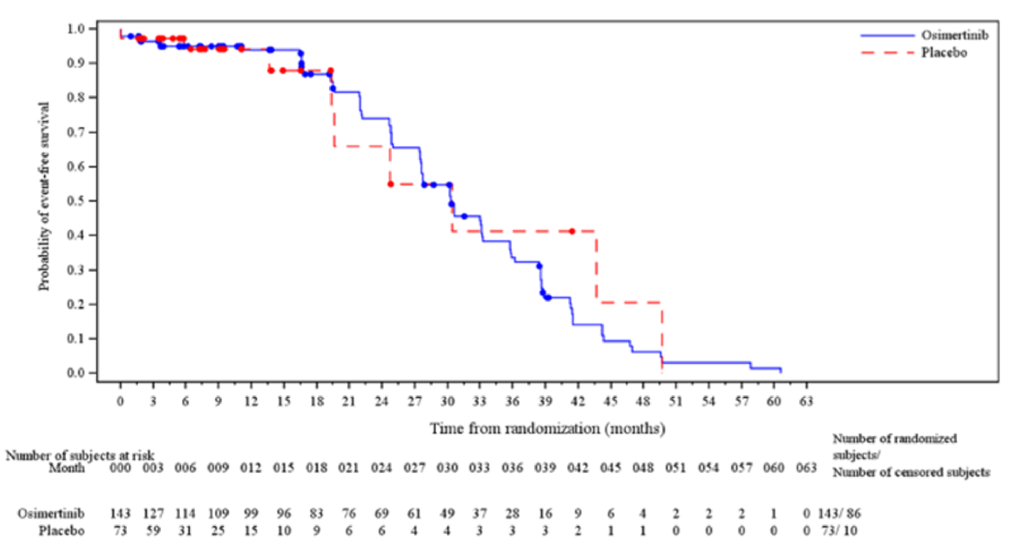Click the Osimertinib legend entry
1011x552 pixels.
click(955, 35)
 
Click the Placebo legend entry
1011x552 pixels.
click(944, 53)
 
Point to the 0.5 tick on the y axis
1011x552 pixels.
click(80, 201)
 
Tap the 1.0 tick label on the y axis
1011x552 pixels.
click(80, 29)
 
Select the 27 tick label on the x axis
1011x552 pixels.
click(415, 401)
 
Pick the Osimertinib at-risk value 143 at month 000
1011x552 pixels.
click(120, 513)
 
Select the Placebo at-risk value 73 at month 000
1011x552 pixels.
click(120, 531)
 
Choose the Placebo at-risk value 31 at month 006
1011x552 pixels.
click(185, 531)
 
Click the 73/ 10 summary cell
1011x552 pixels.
click(839, 531)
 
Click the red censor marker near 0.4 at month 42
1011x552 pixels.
click(572, 231)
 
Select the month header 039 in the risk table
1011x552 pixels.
click(545, 468)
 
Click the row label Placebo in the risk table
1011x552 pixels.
click(62, 531)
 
